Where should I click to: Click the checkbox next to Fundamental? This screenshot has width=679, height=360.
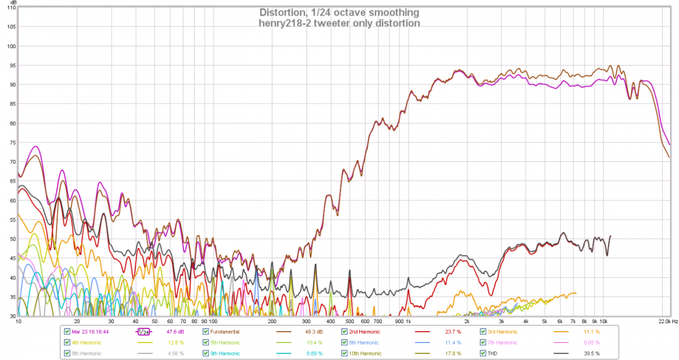(x=205, y=332)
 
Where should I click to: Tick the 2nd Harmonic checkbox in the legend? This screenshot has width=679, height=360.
(x=345, y=332)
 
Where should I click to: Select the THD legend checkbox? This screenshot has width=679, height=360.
(x=483, y=353)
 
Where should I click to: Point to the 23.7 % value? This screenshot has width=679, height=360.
(x=452, y=332)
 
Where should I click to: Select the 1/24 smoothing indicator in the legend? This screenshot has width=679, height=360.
(x=144, y=332)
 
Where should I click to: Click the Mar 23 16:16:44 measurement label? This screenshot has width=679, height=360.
(x=91, y=332)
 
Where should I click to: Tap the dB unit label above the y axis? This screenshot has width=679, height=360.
(x=12, y=3)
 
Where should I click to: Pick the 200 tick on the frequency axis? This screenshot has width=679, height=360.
(x=272, y=321)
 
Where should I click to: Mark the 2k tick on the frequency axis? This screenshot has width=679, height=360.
(x=467, y=321)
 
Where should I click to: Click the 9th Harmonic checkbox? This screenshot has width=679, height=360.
(x=205, y=353)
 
